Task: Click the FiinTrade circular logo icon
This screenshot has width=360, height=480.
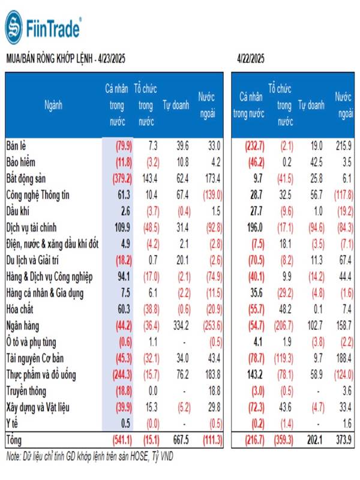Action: [14, 28]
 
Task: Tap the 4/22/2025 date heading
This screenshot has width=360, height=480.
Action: [250, 58]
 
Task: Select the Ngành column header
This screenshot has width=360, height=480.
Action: [53, 106]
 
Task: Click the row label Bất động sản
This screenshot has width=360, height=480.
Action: [26, 179]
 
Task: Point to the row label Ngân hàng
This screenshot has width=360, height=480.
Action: [23, 326]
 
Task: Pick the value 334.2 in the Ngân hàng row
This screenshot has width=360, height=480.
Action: [181, 325]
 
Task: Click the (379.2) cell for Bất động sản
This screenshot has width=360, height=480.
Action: [122, 179]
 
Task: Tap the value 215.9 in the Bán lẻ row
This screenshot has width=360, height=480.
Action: [343, 146]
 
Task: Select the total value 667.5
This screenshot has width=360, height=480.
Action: [181, 440]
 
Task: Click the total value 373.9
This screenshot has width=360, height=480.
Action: [343, 440]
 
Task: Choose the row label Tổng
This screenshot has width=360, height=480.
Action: [14, 440]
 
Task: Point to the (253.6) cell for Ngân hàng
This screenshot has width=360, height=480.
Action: [213, 325]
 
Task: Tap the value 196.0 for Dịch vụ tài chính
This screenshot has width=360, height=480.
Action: [254, 228]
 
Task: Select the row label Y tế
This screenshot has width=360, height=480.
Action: [12, 424]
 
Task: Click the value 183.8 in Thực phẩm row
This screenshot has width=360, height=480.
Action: [213, 374]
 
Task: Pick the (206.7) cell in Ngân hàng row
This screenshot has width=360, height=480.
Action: [283, 325]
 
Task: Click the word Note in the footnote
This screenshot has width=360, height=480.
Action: [13, 457]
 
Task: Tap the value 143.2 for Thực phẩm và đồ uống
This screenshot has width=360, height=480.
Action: [254, 374]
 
